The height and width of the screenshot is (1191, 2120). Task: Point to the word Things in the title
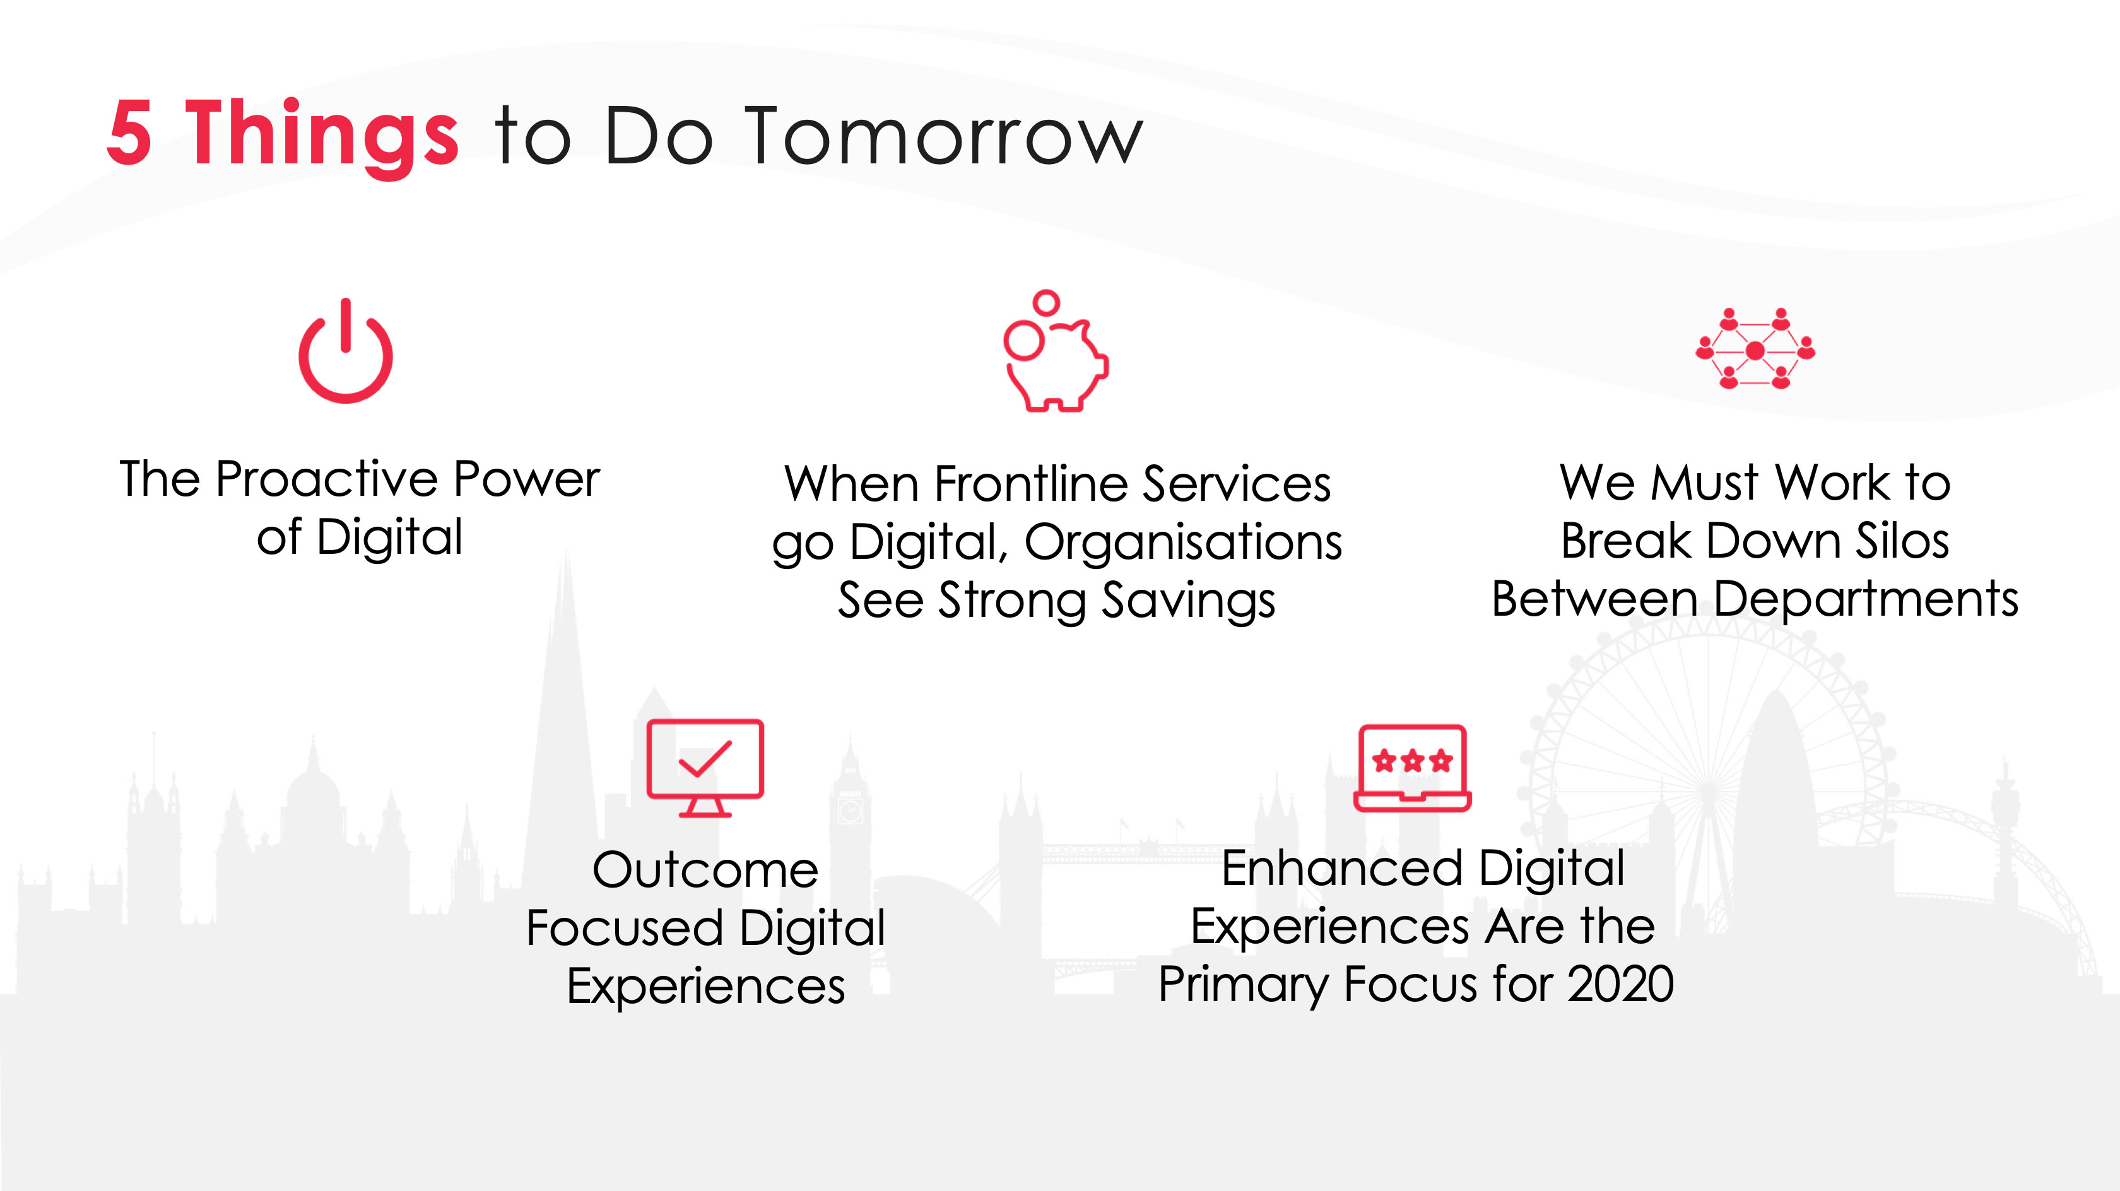(x=322, y=136)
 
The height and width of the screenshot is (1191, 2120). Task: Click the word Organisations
(x=1184, y=543)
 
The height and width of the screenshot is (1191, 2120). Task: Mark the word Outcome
(x=705, y=870)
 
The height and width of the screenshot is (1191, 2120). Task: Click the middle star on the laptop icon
(x=1412, y=761)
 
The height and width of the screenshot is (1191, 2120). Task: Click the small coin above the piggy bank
(x=1046, y=302)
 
